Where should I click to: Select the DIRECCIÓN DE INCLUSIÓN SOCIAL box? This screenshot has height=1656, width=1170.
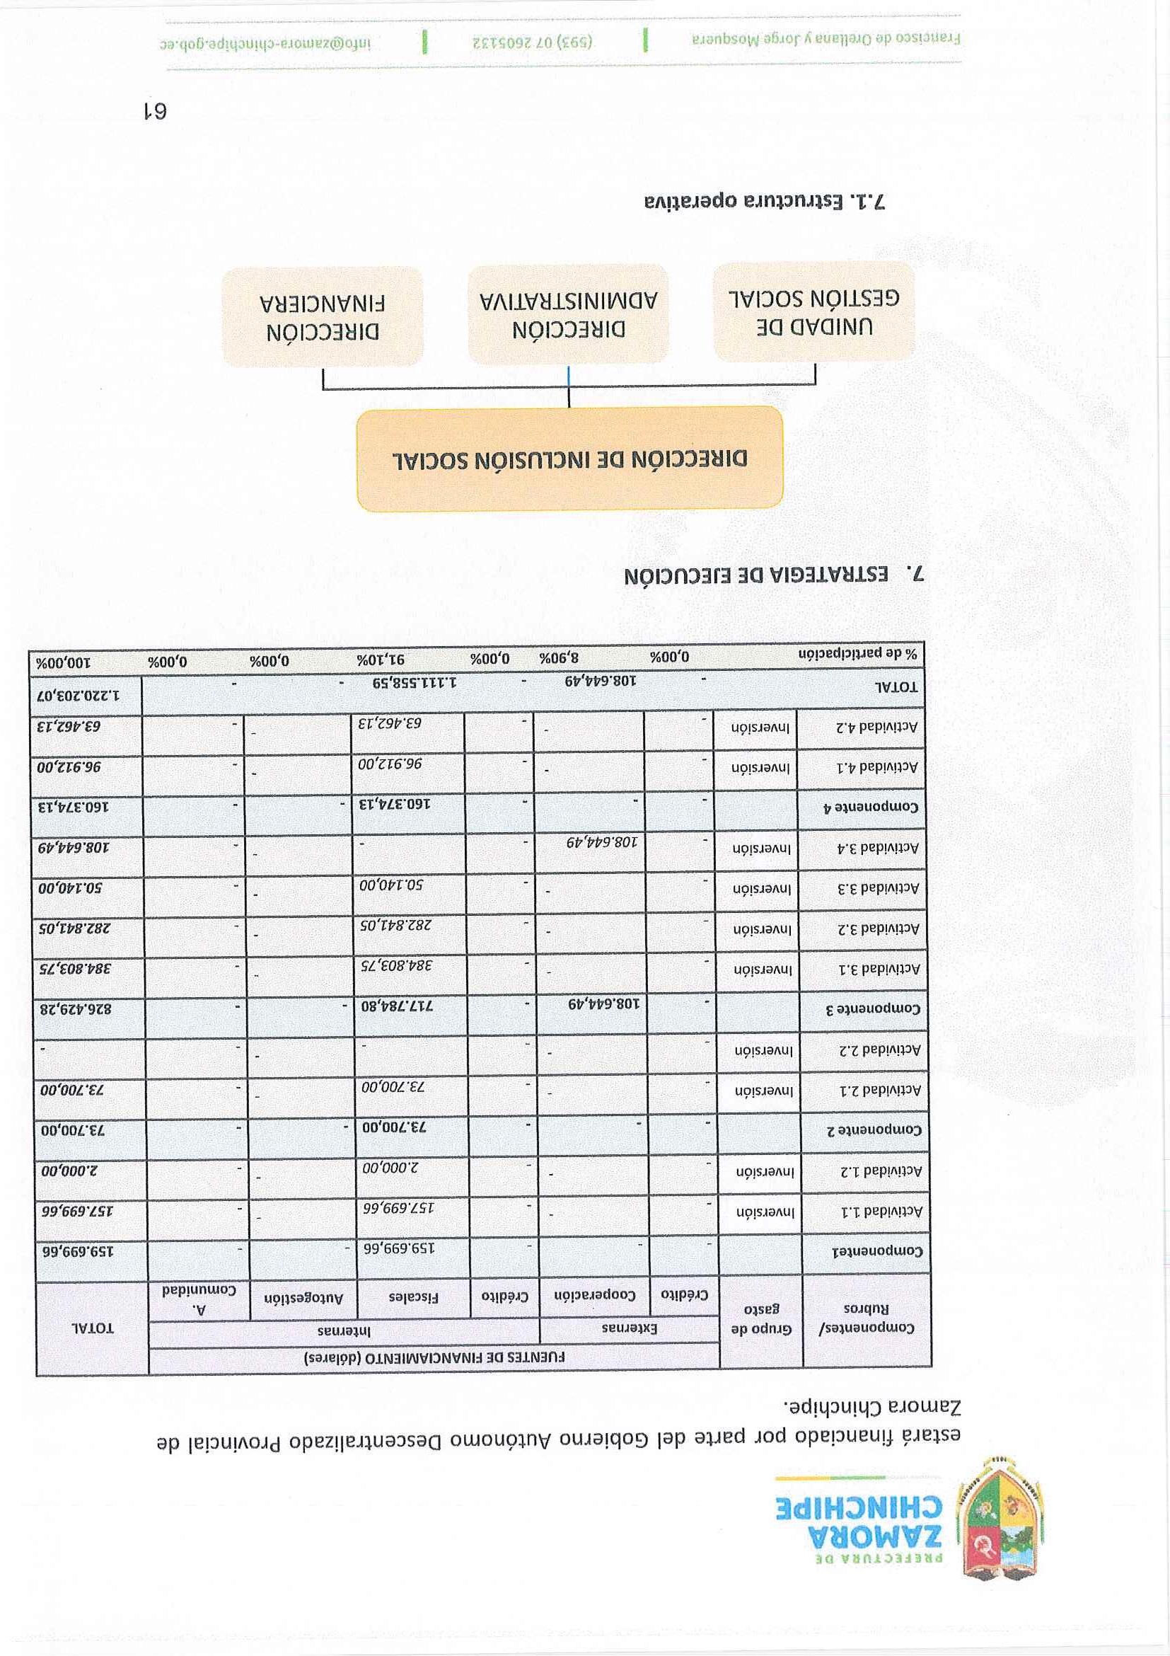pos(569,459)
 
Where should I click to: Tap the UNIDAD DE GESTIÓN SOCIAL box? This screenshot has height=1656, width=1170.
pos(814,311)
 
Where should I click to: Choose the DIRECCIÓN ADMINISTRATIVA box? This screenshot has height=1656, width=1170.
pos(568,314)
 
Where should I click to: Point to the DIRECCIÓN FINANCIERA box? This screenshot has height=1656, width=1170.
pos(323,316)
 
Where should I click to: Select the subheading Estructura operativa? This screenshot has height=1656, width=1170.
pos(765,202)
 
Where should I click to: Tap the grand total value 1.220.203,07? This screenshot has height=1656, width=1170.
pos(79,696)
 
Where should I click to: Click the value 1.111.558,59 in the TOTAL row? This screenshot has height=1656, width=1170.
pos(415,682)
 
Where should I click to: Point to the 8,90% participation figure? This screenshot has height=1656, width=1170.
pos(560,657)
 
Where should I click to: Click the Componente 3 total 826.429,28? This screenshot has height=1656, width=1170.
pos(81,1009)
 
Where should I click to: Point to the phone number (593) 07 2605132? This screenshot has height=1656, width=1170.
pos(533,42)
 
